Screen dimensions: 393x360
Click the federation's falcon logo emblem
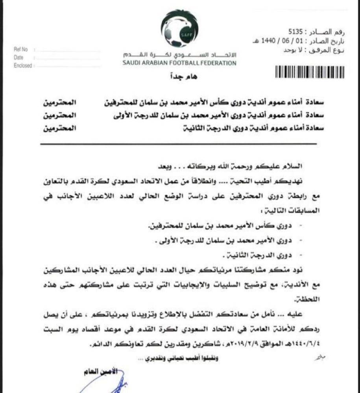[x=179, y=31]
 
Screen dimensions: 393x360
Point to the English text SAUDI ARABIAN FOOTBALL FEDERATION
[x=179, y=63]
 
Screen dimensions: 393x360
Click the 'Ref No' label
[x=21, y=50]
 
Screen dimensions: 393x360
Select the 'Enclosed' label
[x=22, y=66]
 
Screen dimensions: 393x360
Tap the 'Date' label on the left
[x=18, y=57]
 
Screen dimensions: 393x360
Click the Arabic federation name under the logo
[x=179, y=54]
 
